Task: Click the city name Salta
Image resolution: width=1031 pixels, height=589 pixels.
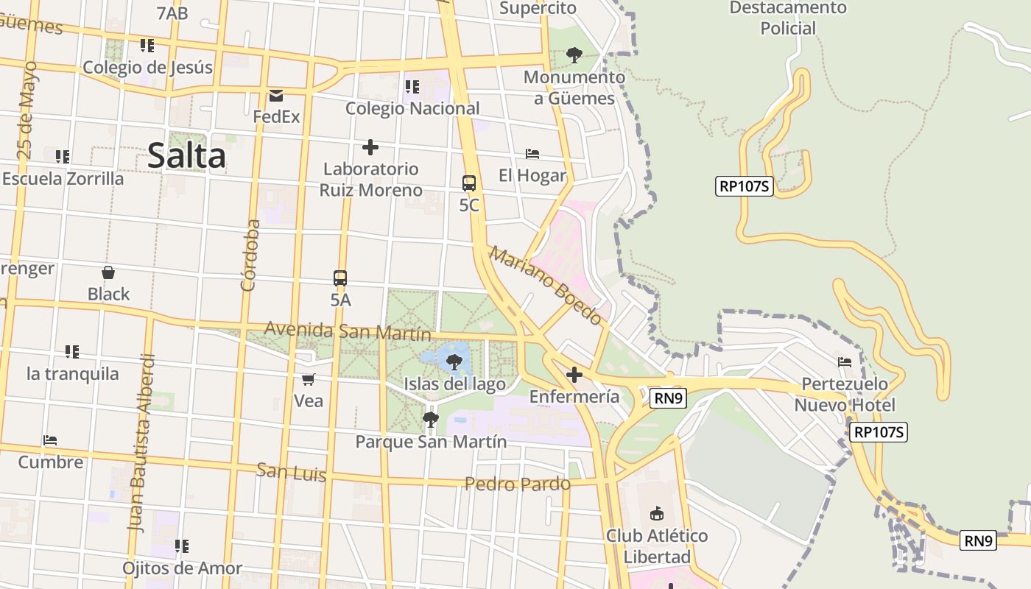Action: [x=186, y=156]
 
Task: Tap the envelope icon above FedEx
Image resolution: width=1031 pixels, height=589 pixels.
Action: [x=276, y=95]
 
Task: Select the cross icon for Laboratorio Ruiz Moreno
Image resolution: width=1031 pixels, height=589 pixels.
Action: [x=370, y=147]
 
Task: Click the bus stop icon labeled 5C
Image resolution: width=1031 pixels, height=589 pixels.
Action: [x=468, y=183]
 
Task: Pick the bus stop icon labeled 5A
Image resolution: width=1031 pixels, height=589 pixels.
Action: [x=340, y=278]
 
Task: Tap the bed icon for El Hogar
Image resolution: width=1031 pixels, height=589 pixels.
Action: [x=532, y=154]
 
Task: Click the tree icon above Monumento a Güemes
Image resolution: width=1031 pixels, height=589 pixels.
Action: [x=574, y=55]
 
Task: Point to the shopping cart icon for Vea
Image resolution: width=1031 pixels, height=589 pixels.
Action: [x=309, y=379]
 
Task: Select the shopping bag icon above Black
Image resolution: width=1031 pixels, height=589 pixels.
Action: [x=108, y=272]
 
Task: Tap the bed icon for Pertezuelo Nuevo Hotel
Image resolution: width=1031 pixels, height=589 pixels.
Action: [x=845, y=362]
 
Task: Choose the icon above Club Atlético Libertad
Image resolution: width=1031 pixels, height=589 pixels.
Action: [x=657, y=513]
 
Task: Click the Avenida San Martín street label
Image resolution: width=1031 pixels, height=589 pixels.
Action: [x=348, y=331]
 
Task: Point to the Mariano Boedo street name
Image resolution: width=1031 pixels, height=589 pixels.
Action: [x=546, y=286]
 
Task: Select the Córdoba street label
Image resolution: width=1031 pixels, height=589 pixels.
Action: [x=250, y=255]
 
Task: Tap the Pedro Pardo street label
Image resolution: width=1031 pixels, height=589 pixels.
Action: [x=517, y=484]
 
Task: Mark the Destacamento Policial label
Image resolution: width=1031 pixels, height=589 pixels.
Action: [x=788, y=18]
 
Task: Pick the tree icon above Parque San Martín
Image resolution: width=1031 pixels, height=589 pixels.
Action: [x=431, y=420]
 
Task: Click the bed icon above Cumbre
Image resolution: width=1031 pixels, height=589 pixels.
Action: [x=50, y=440]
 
